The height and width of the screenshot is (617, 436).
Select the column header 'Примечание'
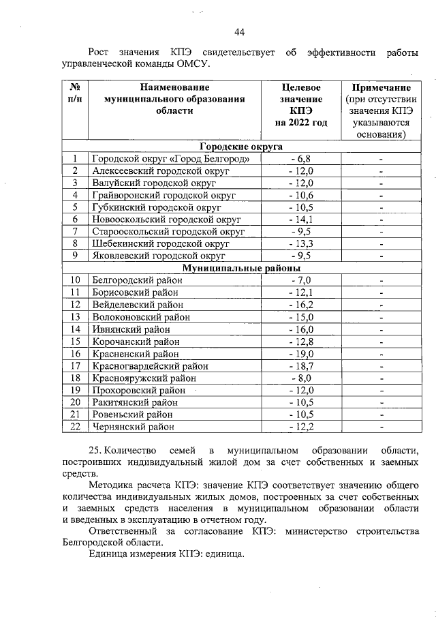coord(381,88)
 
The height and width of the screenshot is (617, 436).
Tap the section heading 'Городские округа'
coord(241,147)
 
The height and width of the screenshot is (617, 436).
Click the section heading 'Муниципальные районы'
coord(241,269)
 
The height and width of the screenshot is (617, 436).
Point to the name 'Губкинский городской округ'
coord(157,208)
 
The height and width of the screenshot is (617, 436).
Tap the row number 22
coord(75,427)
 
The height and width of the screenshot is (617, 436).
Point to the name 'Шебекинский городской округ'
coord(159,244)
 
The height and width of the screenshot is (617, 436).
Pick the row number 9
coord(75,256)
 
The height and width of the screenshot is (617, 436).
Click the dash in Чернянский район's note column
coord(381,427)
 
